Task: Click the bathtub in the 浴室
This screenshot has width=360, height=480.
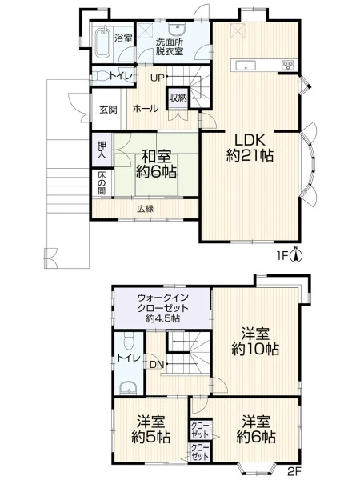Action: pyautogui.click(x=102, y=42)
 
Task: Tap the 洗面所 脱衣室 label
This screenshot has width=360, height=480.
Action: pyautogui.click(x=170, y=46)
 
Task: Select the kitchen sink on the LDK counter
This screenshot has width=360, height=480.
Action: pyautogui.click(x=246, y=65)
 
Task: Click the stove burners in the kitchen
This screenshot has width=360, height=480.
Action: pyautogui.click(x=288, y=66)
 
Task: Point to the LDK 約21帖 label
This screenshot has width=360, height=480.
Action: pyautogui.click(x=250, y=148)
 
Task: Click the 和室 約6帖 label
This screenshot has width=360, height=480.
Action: pyautogui.click(x=156, y=164)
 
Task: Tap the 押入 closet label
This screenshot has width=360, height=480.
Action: pyautogui.click(x=102, y=150)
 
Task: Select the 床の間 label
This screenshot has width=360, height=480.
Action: pyautogui.click(x=102, y=182)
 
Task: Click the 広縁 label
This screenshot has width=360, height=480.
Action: pyautogui.click(x=145, y=209)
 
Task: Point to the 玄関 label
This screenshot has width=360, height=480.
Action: pyautogui.click(x=108, y=110)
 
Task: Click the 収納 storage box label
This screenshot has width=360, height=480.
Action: pyautogui.click(x=178, y=98)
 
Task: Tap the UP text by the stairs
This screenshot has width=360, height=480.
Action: pyautogui.click(x=158, y=78)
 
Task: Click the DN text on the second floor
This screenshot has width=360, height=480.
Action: pyautogui.click(x=157, y=364)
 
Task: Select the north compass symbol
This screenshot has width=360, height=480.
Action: pyautogui.click(x=296, y=254)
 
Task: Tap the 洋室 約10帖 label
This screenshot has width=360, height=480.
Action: pyautogui.click(x=255, y=341)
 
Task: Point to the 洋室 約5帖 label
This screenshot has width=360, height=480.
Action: pyautogui.click(x=151, y=429)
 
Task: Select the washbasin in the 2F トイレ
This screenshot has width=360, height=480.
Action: pyautogui.click(x=129, y=387)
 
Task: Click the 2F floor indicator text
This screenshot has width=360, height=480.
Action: pyautogui.click(x=294, y=470)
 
